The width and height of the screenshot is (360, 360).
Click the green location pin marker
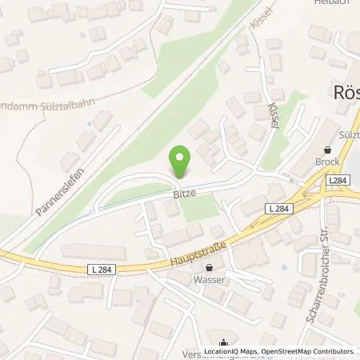pos(181,163)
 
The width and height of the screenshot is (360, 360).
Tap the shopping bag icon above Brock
pos(326,149)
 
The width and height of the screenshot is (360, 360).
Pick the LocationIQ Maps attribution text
pos(232,351)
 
